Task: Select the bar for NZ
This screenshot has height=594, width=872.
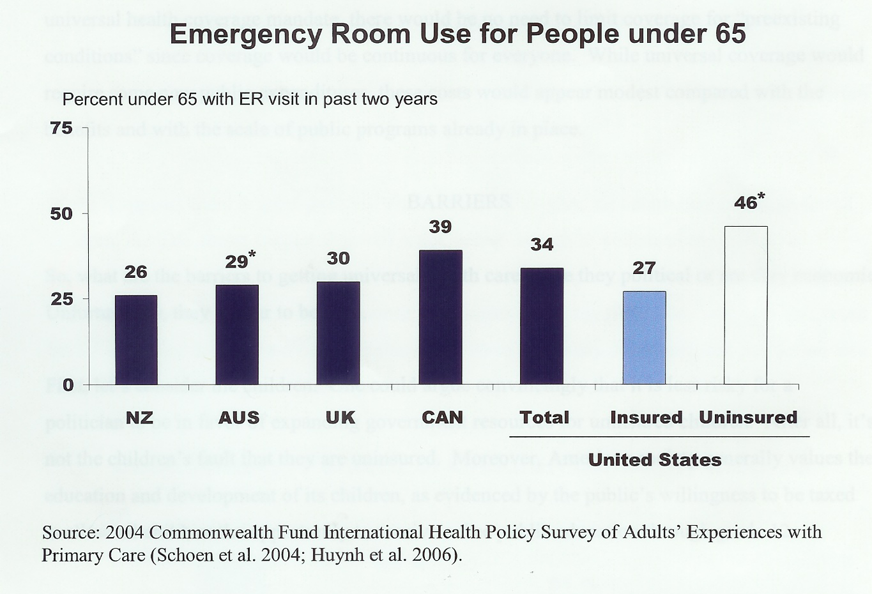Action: [x=136, y=340]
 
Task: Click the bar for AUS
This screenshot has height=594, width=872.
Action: [x=237, y=335]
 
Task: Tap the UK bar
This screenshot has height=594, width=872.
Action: [x=339, y=333]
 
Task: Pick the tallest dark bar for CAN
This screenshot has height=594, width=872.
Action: [x=440, y=317]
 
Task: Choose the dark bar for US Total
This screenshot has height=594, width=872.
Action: [x=542, y=326]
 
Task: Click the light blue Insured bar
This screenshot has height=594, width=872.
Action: [x=644, y=338]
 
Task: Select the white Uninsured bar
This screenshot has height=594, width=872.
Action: [x=746, y=305]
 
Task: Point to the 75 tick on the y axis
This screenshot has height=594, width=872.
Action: [x=61, y=128]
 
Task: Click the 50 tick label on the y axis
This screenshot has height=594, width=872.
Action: [x=61, y=213]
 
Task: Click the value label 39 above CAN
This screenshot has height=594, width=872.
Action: [x=440, y=227]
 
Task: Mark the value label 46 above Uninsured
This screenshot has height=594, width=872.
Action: [x=746, y=202]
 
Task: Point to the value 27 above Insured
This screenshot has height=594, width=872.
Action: [x=644, y=268]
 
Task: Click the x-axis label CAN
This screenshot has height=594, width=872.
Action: [x=442, y=418]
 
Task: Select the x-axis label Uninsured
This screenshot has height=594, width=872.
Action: [x=748, y=418]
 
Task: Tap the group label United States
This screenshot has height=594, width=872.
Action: [x=655, y=460]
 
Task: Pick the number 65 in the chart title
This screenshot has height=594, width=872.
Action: [x=730, y=34]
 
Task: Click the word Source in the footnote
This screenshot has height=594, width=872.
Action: [x=68, y=532]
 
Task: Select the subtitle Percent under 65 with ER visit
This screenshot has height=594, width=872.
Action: [x=250, y=99]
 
